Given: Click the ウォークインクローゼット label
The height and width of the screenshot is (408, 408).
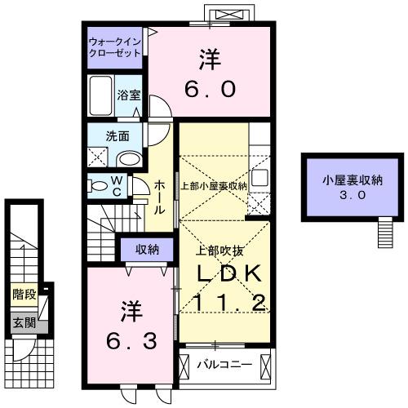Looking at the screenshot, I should [115, 45].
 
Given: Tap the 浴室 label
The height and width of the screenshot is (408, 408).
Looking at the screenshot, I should [130, 95].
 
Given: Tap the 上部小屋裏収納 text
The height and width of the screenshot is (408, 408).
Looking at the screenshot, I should [213, 185].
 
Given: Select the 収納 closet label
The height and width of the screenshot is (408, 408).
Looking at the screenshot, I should [147, 248].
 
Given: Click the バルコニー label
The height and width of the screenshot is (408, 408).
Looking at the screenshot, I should [222, 362].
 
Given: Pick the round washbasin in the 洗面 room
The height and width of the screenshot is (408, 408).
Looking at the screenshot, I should [129, 158].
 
